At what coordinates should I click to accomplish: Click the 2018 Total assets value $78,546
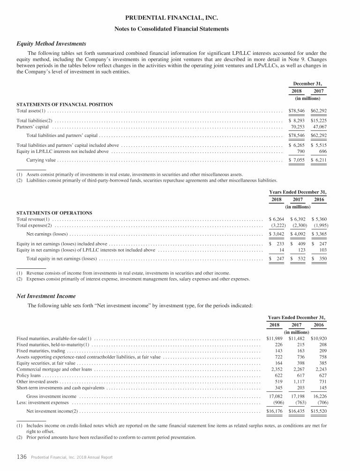295,111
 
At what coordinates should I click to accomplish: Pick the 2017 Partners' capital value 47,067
318,127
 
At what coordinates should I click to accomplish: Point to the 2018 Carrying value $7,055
295,160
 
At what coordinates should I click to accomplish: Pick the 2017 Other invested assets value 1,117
296,382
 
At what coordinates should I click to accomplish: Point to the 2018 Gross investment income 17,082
275,396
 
